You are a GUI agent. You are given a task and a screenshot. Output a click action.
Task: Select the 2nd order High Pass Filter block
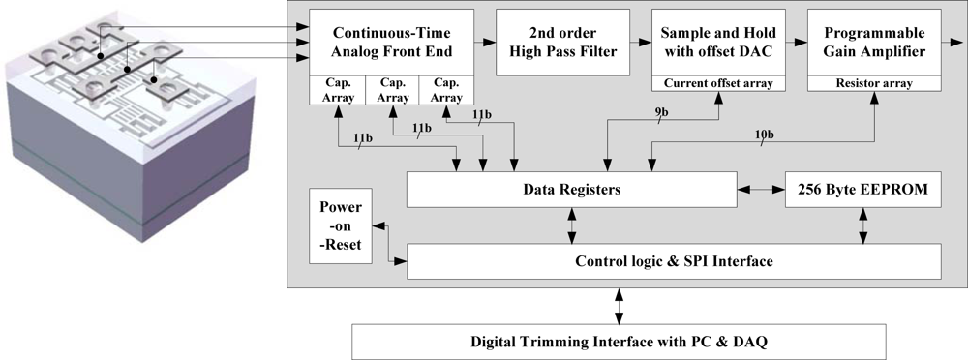[562, 43]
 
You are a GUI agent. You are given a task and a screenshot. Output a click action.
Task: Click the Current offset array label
[716, 84]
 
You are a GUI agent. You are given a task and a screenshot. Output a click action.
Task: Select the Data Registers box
[572, 190]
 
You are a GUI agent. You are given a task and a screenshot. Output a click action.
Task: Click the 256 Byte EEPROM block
[862, 190]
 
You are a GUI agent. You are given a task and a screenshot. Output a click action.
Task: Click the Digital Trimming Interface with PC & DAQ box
[620, 341]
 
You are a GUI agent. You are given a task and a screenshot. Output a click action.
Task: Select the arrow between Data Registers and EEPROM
[761, 190]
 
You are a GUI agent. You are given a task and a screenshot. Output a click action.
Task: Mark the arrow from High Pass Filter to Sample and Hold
[639, 43]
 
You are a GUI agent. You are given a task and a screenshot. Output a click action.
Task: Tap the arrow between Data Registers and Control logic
[572, 225]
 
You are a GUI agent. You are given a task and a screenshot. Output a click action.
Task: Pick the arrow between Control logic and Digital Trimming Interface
[620, 306]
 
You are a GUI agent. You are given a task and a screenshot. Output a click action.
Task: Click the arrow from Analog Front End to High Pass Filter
[485, 43]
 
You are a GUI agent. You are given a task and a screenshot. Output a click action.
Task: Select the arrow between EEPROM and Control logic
[862, 225]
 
